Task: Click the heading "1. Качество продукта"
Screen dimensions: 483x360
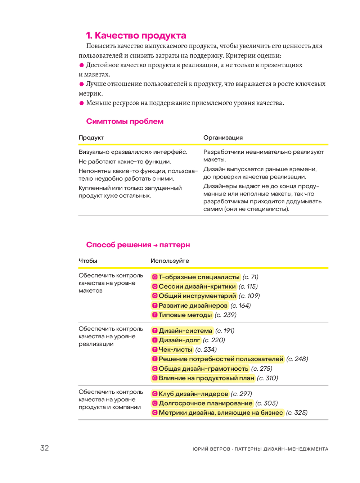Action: (136, 35)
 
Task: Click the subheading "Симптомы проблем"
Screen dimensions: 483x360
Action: (125, 121)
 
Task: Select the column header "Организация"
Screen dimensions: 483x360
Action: (223, 137)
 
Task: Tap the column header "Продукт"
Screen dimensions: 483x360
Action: (91, 137)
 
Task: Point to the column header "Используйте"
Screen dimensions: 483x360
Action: (170, 261)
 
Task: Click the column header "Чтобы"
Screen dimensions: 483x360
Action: (88, 261)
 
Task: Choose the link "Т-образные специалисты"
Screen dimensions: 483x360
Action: (199, 277)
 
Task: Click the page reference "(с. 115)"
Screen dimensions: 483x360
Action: (248, 286)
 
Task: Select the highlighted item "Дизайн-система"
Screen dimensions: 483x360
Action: (185, 331)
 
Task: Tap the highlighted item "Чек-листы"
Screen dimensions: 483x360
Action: (175, 349)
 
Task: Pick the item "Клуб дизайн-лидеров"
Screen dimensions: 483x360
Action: (193, 394)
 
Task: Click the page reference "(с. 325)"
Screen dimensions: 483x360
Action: (297, 412)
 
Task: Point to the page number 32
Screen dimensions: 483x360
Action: (44, 448)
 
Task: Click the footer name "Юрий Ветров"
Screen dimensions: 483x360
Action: (211, 449)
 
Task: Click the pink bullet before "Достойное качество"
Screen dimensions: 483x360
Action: (82, 65)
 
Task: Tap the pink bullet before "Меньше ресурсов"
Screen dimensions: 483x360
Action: (82, 103)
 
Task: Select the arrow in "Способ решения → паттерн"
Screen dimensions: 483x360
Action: (155, 245)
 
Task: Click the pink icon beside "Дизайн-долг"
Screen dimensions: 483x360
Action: (155, 340)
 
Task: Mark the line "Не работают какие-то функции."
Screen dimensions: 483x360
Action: (125, 162)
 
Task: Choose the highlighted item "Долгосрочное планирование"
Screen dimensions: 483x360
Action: (205, 403)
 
